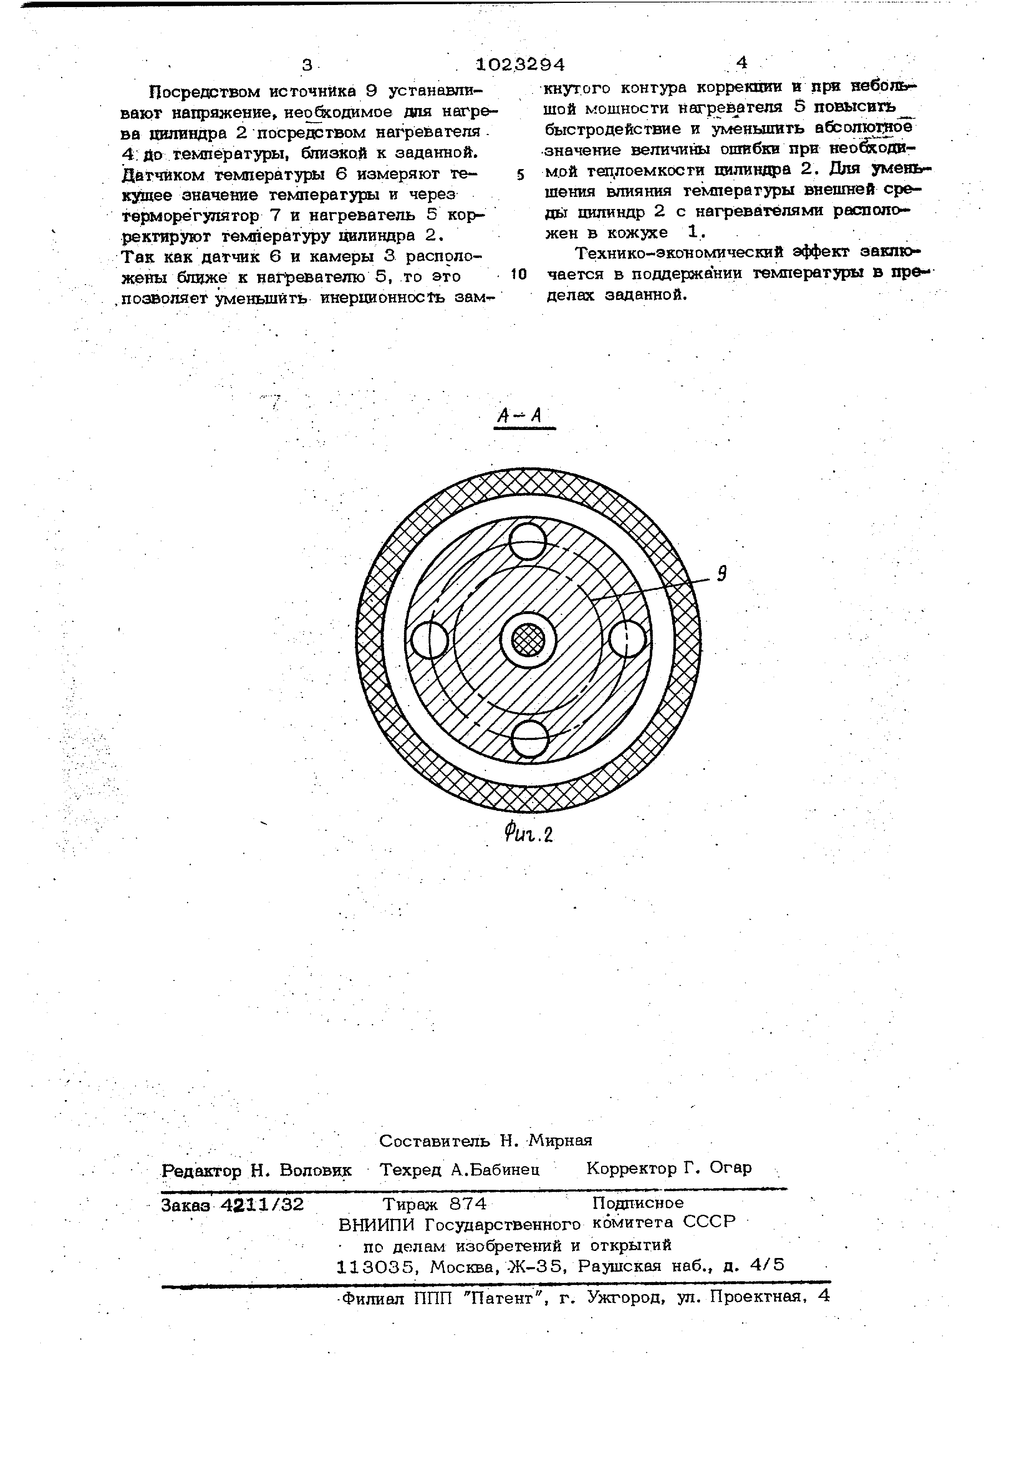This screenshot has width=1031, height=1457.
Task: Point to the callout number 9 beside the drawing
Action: click(721, 574)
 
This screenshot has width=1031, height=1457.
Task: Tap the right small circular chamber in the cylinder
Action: click(627, 639)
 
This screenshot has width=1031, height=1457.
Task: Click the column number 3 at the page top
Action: click(307, 65)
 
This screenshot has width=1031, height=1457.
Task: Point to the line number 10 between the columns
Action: click(519, 274)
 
